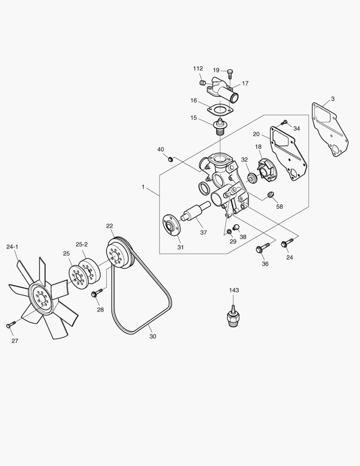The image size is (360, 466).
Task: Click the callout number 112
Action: click(198, 69)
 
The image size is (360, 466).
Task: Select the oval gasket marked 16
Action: click(220, 109)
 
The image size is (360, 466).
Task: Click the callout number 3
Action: click(332, 99)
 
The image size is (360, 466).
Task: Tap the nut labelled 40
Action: click(170, 159)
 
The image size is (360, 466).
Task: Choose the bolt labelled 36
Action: click(261, 249)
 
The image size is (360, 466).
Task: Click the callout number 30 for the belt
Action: click(153, 337)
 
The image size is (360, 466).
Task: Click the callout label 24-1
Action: click(12, 247)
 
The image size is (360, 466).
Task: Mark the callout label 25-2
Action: click(82, 244)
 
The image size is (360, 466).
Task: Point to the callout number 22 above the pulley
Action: click(110, 226)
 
